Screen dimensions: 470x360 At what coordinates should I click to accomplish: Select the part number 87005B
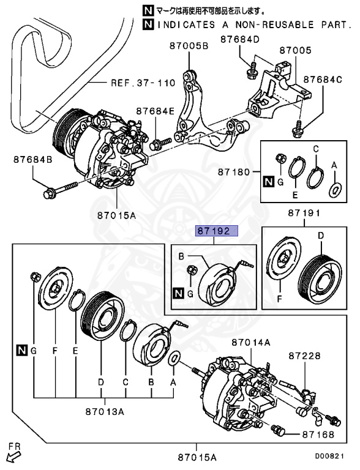point(189,46)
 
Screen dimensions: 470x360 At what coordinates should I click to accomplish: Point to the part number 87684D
point(240,40)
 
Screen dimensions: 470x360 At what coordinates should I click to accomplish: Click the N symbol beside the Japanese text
point(147,10)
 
